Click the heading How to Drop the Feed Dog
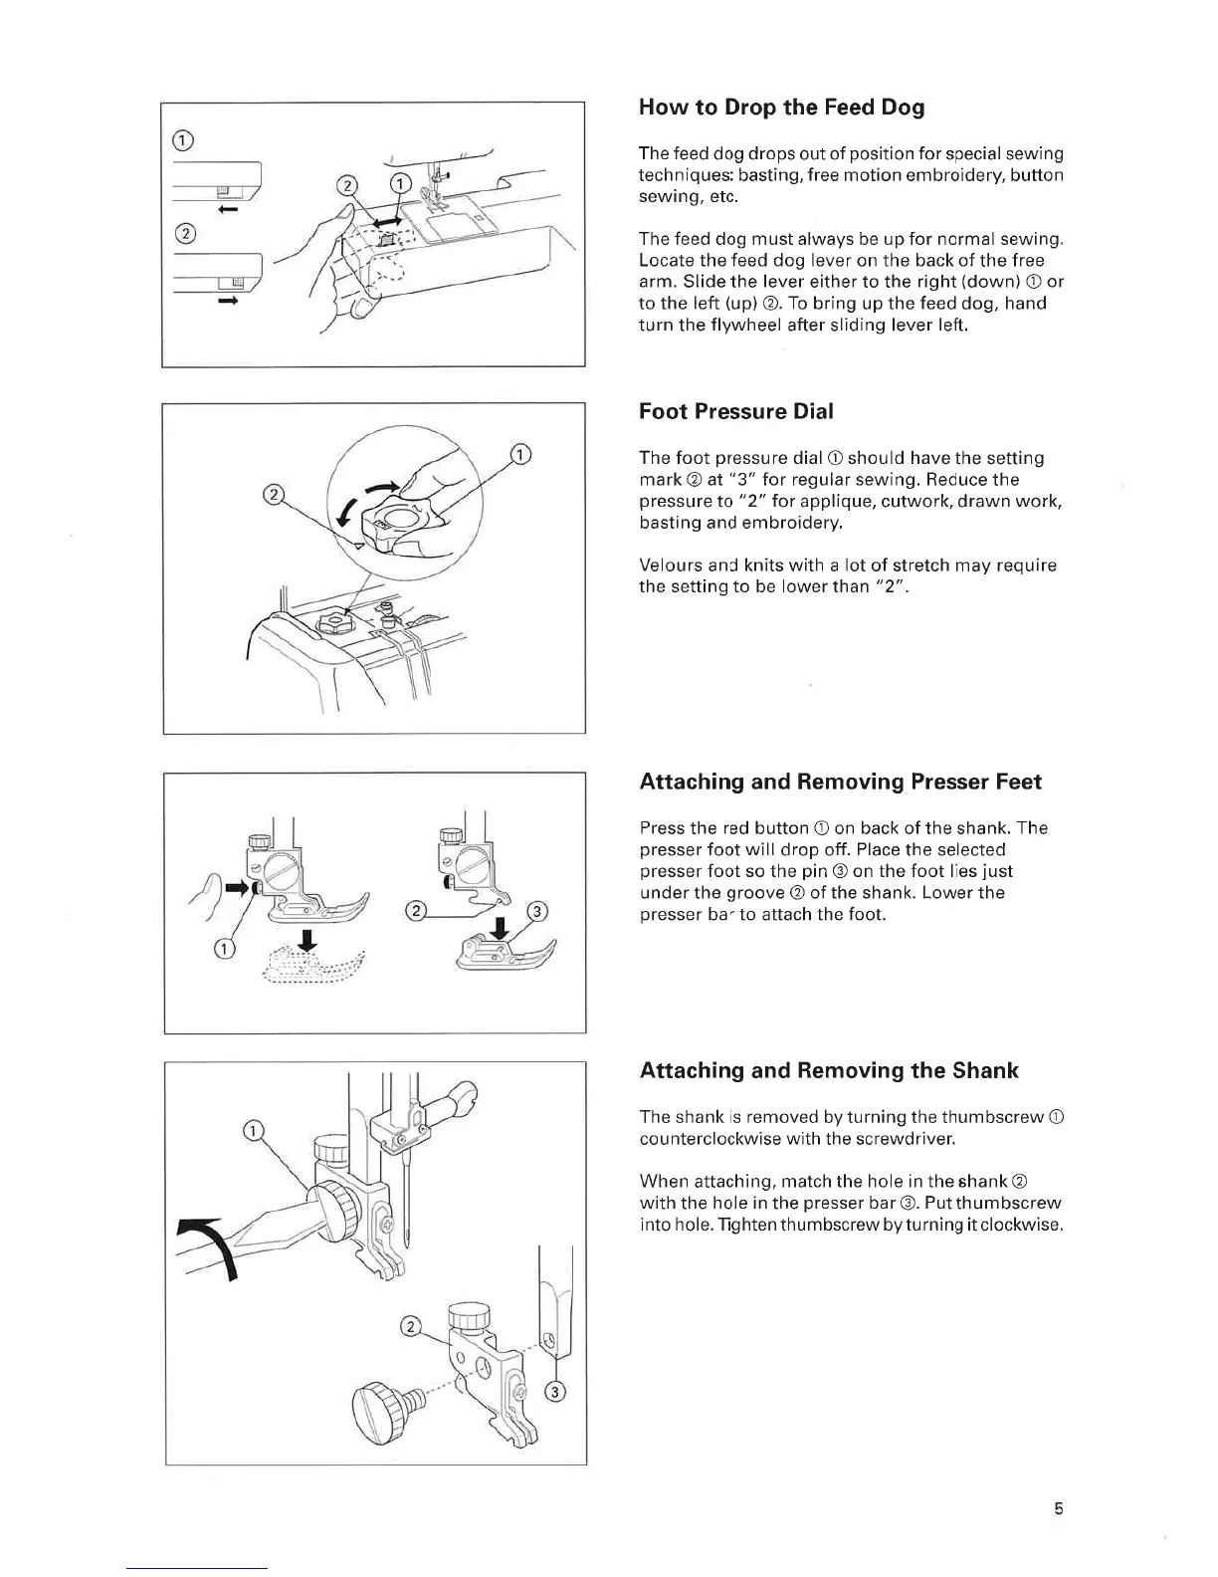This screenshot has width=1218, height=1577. click(x=781, y=108)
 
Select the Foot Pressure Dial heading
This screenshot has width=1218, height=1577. click(x=735, y=411)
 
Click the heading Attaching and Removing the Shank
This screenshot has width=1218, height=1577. click(x=829, y=1071)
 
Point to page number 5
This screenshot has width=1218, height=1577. click(x=1059, y=1508)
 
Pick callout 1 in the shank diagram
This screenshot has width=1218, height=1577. click(x=255, y=1130)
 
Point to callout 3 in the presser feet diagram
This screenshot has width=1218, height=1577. click(x=536, y=912)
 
